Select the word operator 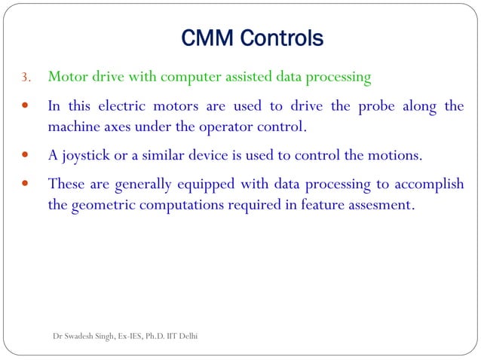pyautogui.click(x=224, y=126)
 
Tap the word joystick pyautogui.click(x=88, y=156)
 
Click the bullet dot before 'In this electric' pyautogui.click(x=26, y=107)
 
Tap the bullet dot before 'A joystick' pyautogui.click(x=26, y=157)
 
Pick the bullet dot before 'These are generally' pyautogui.click(x=26, y=185)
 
